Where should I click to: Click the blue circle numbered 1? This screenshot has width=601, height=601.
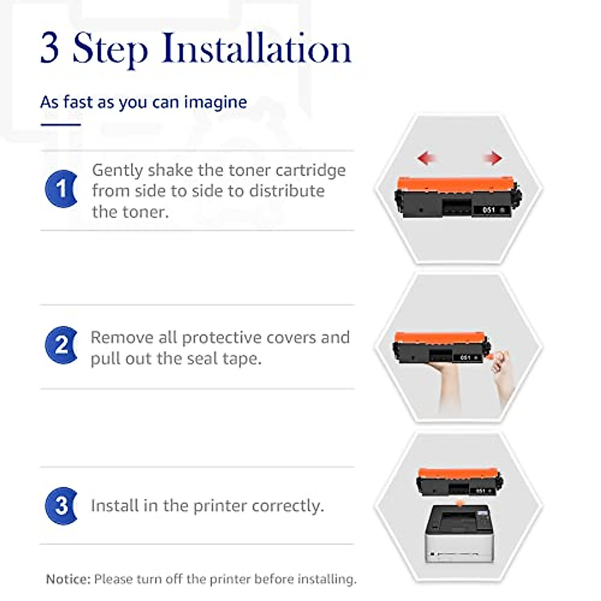point(61,189)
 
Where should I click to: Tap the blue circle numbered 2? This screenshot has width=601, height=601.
point(61,345)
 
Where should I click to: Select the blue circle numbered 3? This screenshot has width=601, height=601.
point(61,506)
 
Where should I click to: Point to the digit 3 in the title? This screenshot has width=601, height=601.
point(50,48)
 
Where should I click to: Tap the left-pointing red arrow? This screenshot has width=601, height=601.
point(427,158)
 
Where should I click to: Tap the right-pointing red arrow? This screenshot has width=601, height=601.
point(493,158)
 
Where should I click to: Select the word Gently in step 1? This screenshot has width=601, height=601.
point(117,171)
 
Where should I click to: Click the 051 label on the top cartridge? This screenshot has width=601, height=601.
point(489,210)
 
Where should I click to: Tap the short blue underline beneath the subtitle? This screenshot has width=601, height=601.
point(61,125)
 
